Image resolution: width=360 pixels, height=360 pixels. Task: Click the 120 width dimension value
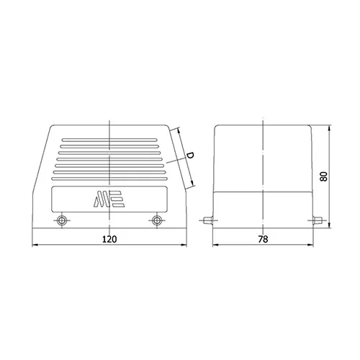click(x=109, y=239)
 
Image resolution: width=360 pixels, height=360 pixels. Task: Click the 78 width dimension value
click(x=263, y=239)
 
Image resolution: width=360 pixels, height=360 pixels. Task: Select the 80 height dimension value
click(x=324, y=176)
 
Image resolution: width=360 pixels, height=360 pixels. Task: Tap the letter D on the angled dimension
click(x=190, y=155)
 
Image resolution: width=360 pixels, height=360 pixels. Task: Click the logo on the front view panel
click(x=109, y=199)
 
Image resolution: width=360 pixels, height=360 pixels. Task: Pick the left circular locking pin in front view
click(x=62, y=220)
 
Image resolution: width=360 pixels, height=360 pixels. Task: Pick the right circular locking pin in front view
click(x=157, y=220)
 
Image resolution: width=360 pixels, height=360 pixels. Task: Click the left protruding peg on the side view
click(x=208, y=220)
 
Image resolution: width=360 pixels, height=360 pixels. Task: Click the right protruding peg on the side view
click(x=318, y=220)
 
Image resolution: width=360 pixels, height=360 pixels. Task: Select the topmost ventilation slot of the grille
click(x=109, y=140)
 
